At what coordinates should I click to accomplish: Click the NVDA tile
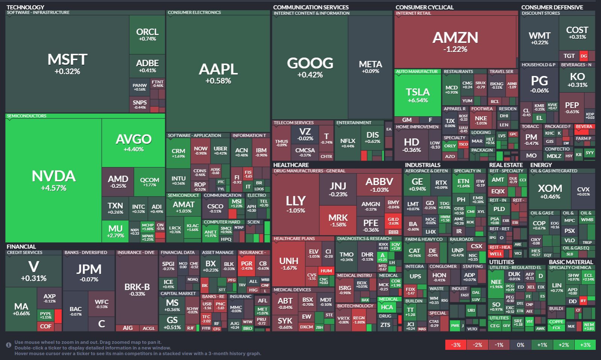tap(53, 181)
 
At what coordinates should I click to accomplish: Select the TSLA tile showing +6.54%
tap(417, 95)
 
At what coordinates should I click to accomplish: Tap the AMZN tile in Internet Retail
tap(455, 41)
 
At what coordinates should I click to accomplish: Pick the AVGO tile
tap(134, 143)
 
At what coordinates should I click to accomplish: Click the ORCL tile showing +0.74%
tap(147, 34)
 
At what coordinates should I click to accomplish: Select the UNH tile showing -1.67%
tap(288, 263)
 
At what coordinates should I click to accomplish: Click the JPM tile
tap(89, 272)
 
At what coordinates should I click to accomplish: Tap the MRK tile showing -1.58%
tap(338, 220)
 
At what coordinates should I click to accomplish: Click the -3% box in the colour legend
tap(456, 345)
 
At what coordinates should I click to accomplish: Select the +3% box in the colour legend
tap(585, 345)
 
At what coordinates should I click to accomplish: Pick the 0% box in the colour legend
tap(521, 345)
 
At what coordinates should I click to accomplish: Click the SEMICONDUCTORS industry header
tap(27, 116)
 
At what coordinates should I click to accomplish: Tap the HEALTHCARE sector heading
tap(291, 165)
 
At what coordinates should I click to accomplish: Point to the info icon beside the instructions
tap(8, 345)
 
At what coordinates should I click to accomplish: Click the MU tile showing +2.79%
tap(115, 231)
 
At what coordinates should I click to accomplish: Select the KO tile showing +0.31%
tap(577, 79)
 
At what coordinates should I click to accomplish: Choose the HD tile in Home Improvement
tap(411, 145)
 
